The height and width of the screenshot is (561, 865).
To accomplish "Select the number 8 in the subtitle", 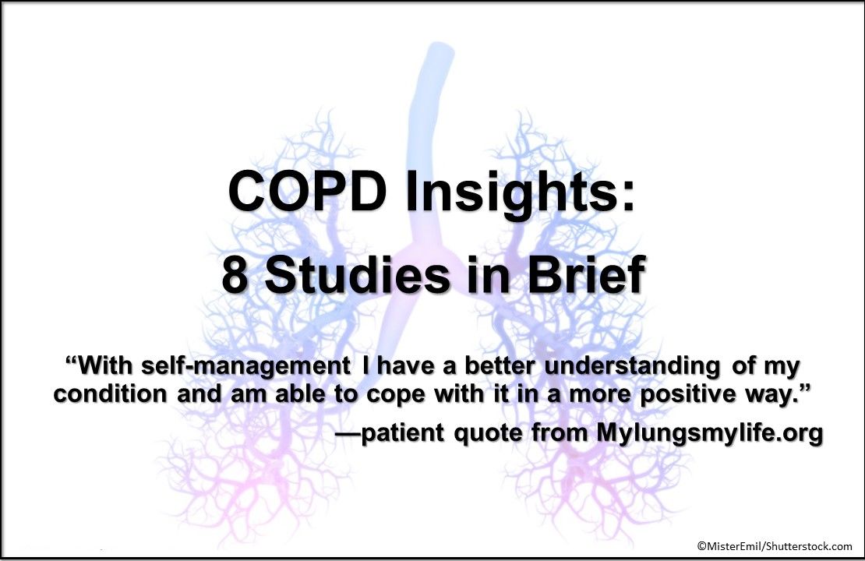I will pyautogui.click(x=236, y=276).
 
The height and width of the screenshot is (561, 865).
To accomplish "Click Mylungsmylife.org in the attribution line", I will pyautogui.click(x=710, y=433).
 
